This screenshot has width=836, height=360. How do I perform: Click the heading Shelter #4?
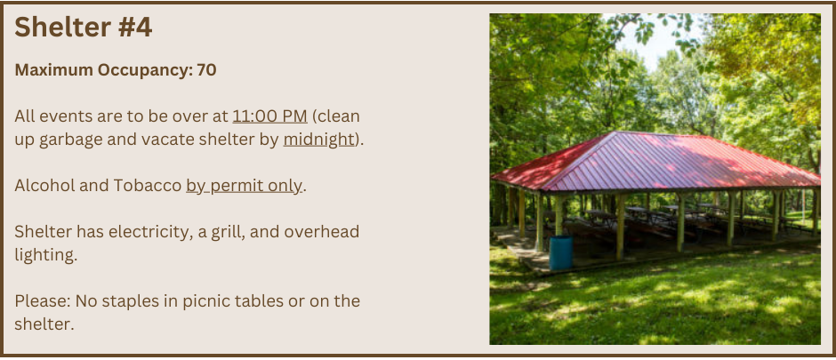[x=84, y=27]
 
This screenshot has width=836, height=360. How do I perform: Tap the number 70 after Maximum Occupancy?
[x=206, y=69]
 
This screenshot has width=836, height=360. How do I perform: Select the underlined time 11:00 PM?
[x=269, y=116]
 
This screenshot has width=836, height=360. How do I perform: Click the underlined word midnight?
[x=318, y=139]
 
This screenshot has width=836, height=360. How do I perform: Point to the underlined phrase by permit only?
[x=245, y=186]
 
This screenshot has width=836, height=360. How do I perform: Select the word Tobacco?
[x=148, y=185]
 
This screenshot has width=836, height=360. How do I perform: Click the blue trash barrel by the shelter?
[x=561, y=252]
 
